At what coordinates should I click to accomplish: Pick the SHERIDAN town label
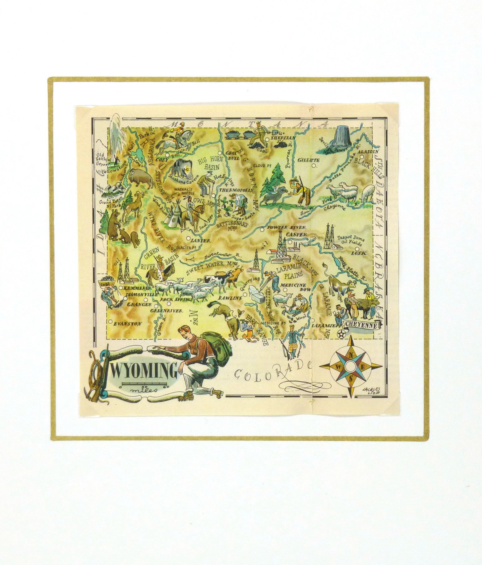coord(283,138)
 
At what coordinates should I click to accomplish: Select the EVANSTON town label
coord(128,324)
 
